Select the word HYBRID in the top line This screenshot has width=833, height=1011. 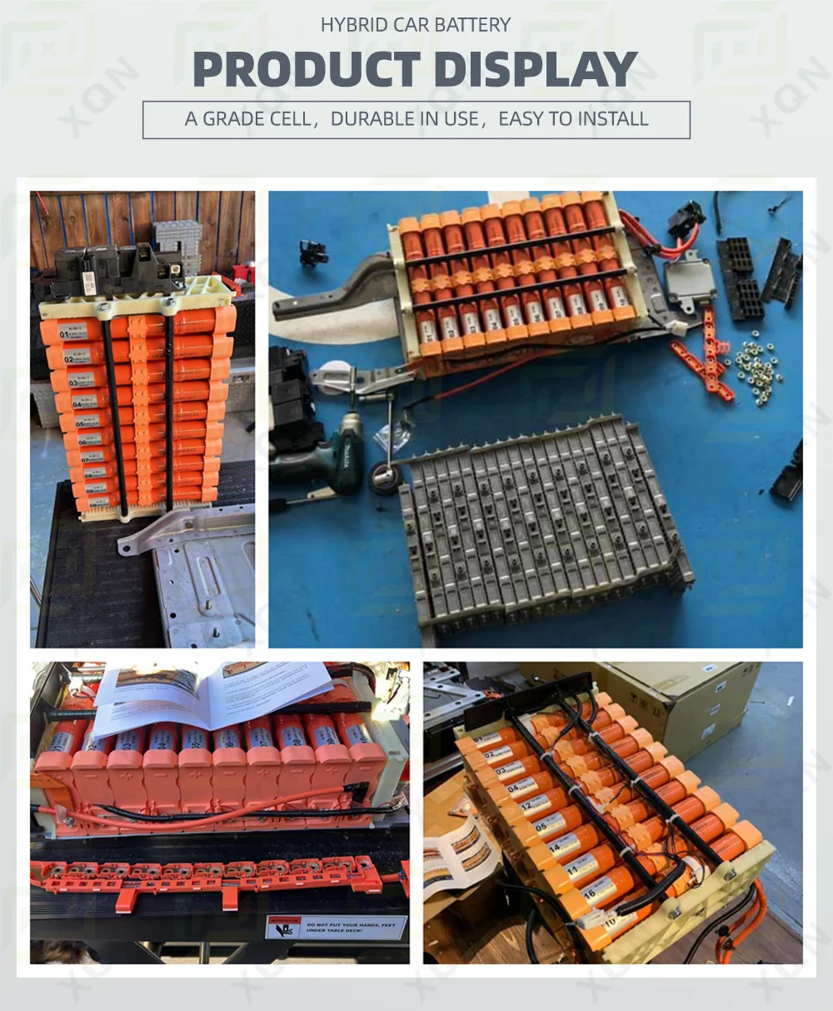coord(352,25)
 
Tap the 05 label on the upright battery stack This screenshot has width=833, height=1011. coord(79,422)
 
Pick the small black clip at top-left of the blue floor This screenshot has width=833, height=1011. coord(313,252)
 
